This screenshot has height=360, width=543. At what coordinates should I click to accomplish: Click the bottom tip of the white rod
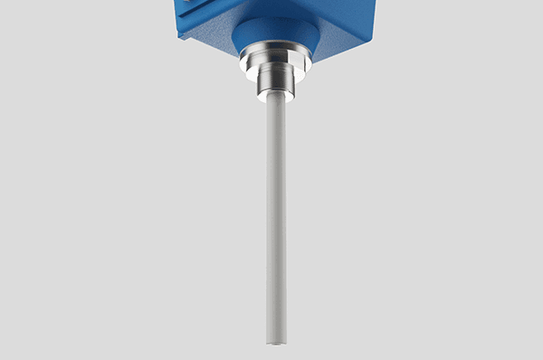pyautogui.click(x=276, y=341)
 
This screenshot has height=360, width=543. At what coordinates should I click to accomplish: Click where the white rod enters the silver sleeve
pyautogui.click(x=276, y=102)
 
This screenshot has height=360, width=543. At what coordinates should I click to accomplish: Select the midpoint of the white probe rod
pyautogui.click(x=276, y=222)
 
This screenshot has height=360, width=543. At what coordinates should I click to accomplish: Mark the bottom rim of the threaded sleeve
pyautogui.click(x=275, y=99)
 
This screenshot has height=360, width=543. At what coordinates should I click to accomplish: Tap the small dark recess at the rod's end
pyautogui.click(x=277, y=342)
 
